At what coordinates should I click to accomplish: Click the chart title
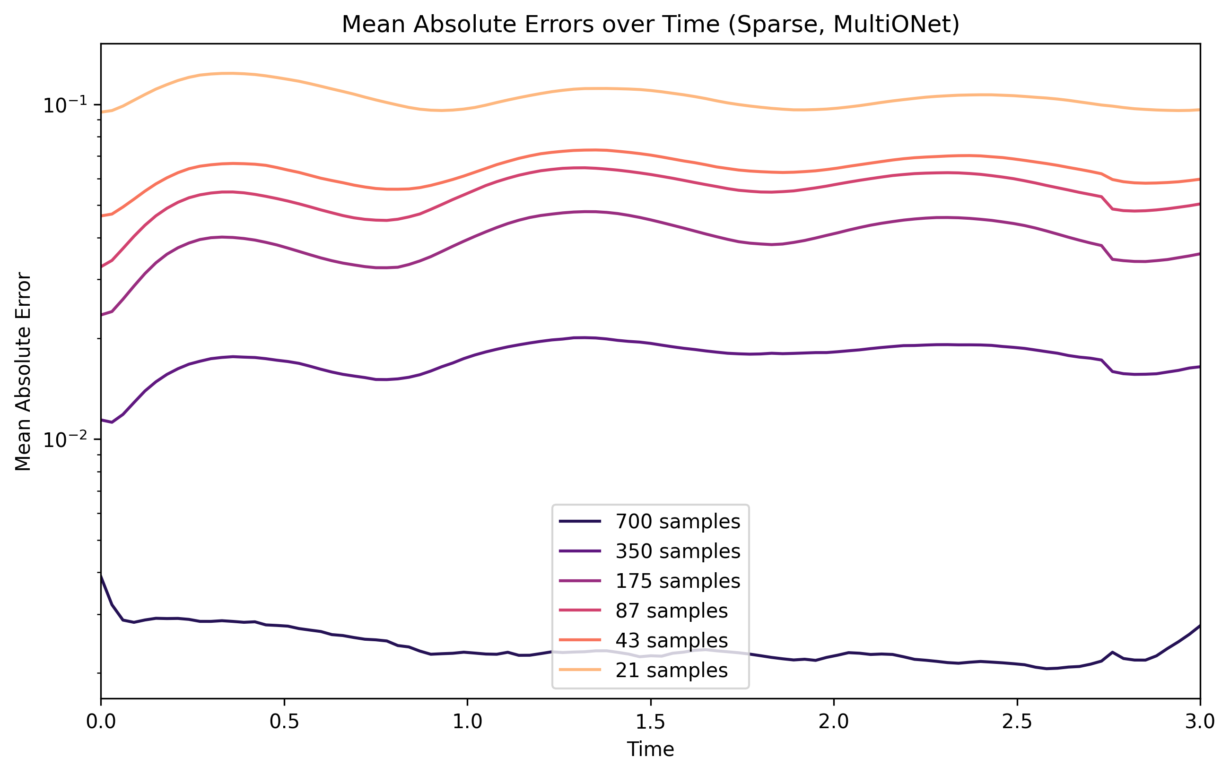point(650,25)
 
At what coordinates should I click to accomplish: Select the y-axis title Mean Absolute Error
point(24,371)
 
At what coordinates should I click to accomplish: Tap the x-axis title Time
point(650,749)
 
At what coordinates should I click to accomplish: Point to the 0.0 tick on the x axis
point(101,722)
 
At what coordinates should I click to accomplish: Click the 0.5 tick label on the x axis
point(284,722)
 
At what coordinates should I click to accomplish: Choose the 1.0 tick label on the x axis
point(467,722)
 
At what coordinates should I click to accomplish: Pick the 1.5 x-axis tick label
point(650,722)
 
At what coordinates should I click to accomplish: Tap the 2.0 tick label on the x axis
point(834,722)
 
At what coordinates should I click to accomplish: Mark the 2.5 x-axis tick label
point(1017,722)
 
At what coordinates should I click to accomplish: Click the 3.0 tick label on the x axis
point(1199,722)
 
